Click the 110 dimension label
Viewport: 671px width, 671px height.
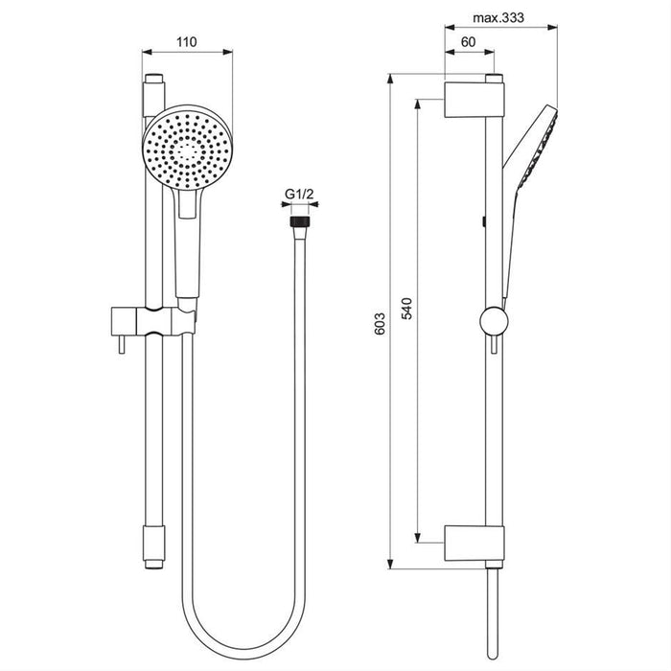pyautogui.click(x=187, y=42)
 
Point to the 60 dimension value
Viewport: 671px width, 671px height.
pyautogui.click(x=469, y=42)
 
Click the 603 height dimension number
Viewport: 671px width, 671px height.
pyautogui.click(x=381, y=322)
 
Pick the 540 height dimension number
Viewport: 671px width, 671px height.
pyautogui.click(x=406, y=309)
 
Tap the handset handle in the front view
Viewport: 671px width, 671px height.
pyautogui.click(x=188, y=249)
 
